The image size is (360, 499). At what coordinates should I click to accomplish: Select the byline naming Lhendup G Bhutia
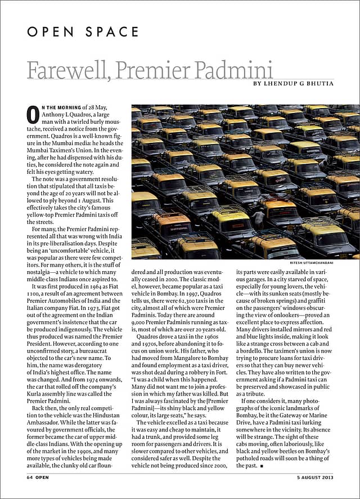293,84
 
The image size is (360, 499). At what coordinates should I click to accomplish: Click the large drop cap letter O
33,115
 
